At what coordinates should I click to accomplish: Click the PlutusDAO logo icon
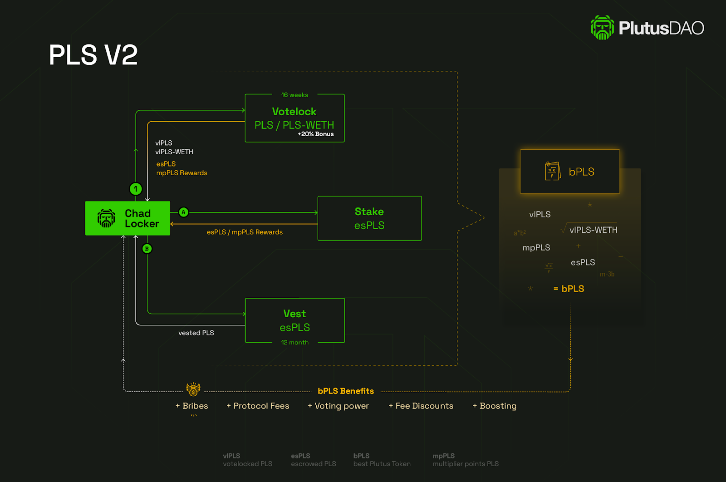[x=602, y=28]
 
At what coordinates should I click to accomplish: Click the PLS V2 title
[x=93, y=55]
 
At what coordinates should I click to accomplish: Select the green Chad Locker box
[x=128, y=218]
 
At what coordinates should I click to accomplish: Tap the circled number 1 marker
[x=136, y=189]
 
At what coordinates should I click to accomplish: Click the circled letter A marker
[x=183, y=212]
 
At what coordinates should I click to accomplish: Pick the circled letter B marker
[x=147, y=249]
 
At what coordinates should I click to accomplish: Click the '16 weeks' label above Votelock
[x=294, y=95]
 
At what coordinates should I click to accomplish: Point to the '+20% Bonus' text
[x=316, y=134]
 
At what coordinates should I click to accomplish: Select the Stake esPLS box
[x=369, y=218]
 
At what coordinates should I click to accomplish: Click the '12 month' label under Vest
[x=295, y=343]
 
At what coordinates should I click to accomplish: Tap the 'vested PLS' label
[x=196, y=333]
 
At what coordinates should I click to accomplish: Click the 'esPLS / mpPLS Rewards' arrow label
[x=245, y=232]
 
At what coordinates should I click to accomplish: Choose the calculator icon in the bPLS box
[x=553, y=171]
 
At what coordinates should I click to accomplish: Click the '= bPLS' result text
[x=569, y=289]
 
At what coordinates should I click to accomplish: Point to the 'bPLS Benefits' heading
[x=346, y=391]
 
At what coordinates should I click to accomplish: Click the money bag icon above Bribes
[x=193, y=389]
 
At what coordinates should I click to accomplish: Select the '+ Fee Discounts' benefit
[x=421, y=406]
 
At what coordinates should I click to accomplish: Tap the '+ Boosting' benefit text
[x=495, y=406]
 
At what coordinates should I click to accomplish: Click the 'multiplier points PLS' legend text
[x=466, y=464]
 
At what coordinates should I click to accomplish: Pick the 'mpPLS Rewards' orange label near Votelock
[x=181, y=173]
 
